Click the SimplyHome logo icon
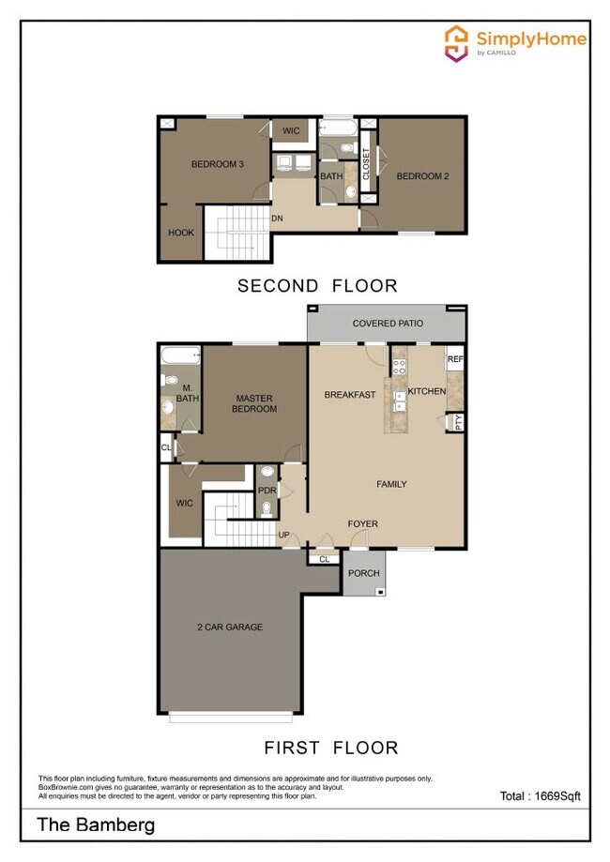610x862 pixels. pos(456,41)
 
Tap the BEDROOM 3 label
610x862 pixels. pos(218,165)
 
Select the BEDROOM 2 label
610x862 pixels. pos(422,176)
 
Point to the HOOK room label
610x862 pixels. pos(181,233)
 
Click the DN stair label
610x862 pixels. pos(277,219)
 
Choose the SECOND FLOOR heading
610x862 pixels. pos(317,286)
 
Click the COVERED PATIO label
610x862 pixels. pos(388,324)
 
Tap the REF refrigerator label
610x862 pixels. pos(455,359)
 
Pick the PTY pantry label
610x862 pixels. pos(458,422)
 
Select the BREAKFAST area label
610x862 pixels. pos(350,394)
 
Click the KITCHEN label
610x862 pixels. pos(427,391)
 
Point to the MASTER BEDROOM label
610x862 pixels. pos(255,403)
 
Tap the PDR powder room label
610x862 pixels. pos(267,491)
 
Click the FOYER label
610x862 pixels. pos(363,524)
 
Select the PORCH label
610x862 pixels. pos(363,573)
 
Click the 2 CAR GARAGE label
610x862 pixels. pos(230,627)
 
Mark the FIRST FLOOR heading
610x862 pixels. pos(330,748)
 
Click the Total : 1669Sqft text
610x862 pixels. pos(540,796)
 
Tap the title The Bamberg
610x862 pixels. pos(96,825)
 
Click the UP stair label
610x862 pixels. pos(283,536)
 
